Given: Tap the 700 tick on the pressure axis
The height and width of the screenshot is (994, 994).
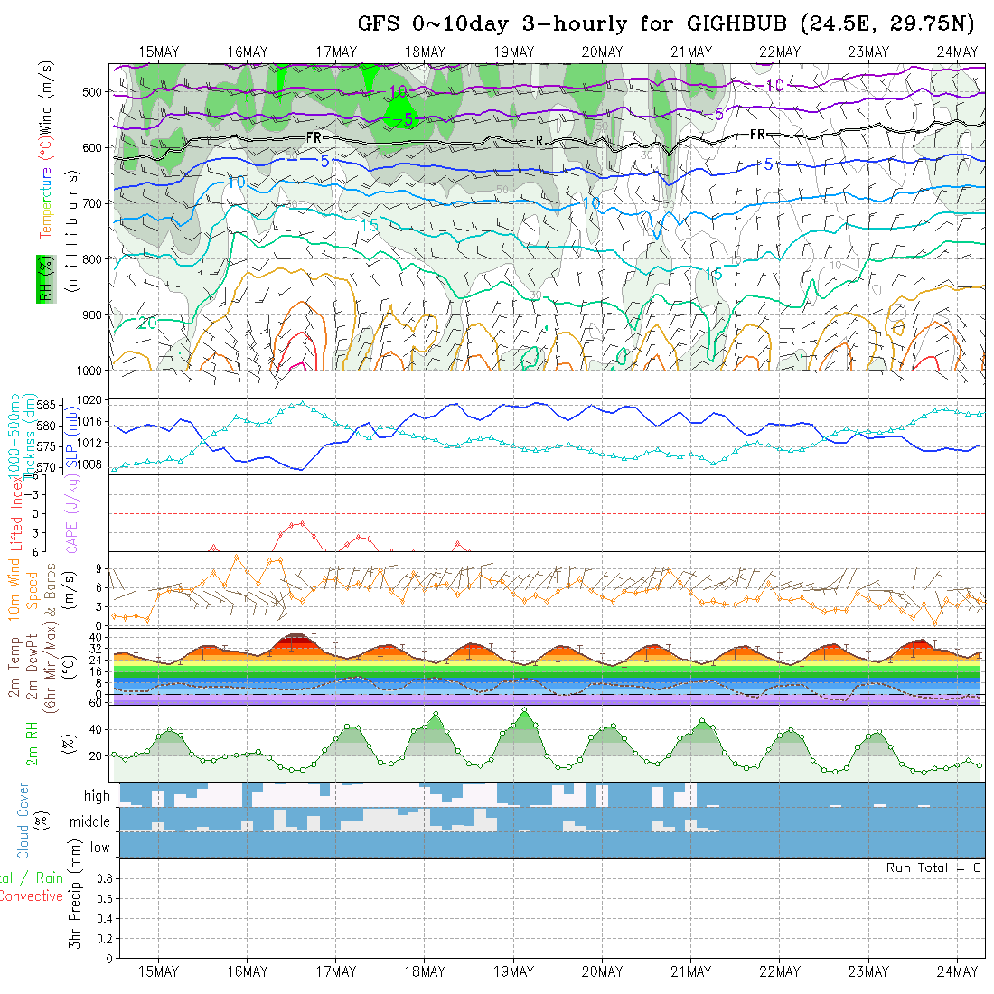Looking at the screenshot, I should (92, 202).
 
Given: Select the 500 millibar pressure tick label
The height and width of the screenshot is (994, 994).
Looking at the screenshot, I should (92, 91).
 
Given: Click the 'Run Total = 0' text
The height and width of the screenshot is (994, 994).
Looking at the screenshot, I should (933, 867).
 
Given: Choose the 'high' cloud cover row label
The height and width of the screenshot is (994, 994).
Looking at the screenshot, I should (97, 796).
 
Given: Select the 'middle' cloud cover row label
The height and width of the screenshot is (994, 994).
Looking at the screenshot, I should (90, 821).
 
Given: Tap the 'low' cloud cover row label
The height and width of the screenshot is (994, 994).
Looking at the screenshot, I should (99, 848).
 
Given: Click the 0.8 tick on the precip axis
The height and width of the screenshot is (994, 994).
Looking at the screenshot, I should (104, 878).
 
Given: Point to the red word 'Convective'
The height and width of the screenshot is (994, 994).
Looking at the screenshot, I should (32, 896).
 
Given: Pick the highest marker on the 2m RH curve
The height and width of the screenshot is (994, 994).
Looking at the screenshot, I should (524, 710).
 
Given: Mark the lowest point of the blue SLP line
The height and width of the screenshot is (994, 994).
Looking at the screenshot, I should (300, 469).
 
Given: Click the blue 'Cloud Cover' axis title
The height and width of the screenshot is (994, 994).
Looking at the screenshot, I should (23, 821).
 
